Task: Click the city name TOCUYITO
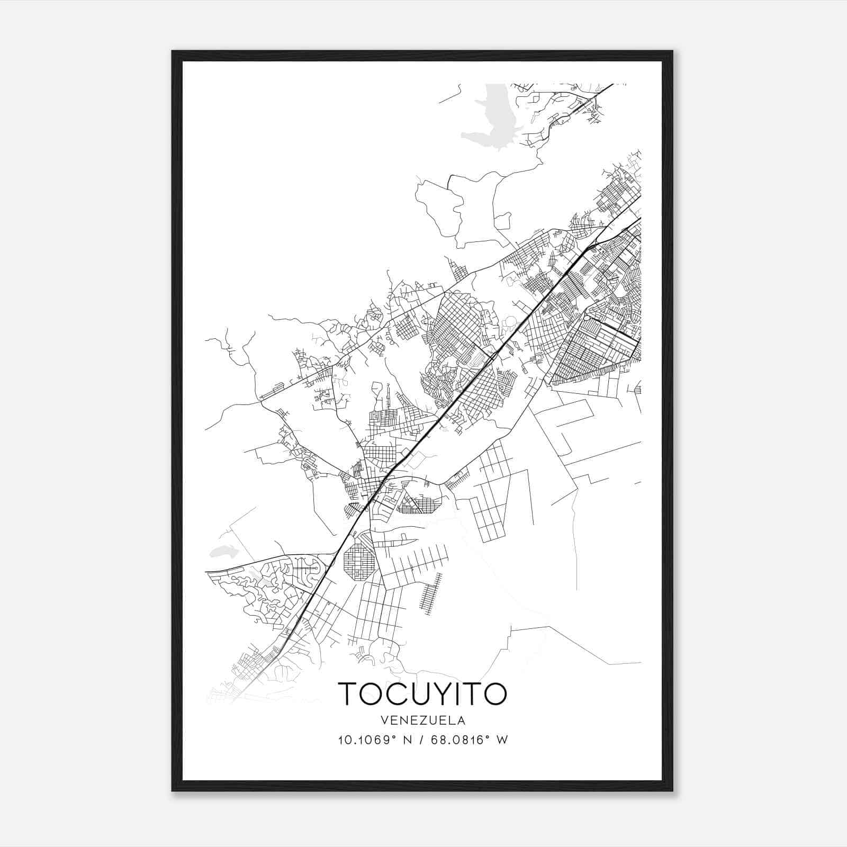point(422,693)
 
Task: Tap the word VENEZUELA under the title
point(422,720)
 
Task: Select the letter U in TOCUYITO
point(410,693)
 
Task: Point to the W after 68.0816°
point(502,740)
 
